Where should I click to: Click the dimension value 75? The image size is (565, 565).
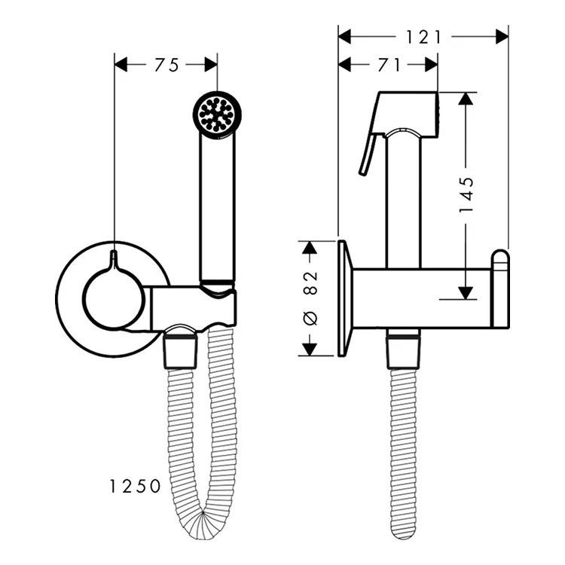point(166,66)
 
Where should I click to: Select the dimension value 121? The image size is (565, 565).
point(423,37)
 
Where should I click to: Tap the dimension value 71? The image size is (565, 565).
point(389,66)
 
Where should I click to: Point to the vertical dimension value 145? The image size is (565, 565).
point(466,194)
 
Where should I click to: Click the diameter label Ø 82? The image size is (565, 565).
point(310,298)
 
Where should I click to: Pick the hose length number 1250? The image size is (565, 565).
point(135,487)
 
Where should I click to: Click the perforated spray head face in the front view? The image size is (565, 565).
point(217,115)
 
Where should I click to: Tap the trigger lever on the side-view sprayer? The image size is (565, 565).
point(369,154)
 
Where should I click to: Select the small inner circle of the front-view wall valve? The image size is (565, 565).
point(114,298)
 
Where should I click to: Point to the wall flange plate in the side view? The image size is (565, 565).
point(344,298)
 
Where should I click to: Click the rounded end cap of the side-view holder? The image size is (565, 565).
point(501,289)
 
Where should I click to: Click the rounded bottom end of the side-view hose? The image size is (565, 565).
point(403,533)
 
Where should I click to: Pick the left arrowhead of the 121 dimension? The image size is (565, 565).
point(345,37)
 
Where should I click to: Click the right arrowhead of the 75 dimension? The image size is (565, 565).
point(211,65)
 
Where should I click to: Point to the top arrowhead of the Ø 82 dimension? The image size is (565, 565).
point(310,248)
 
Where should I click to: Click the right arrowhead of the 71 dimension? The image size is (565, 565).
point(432,65)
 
